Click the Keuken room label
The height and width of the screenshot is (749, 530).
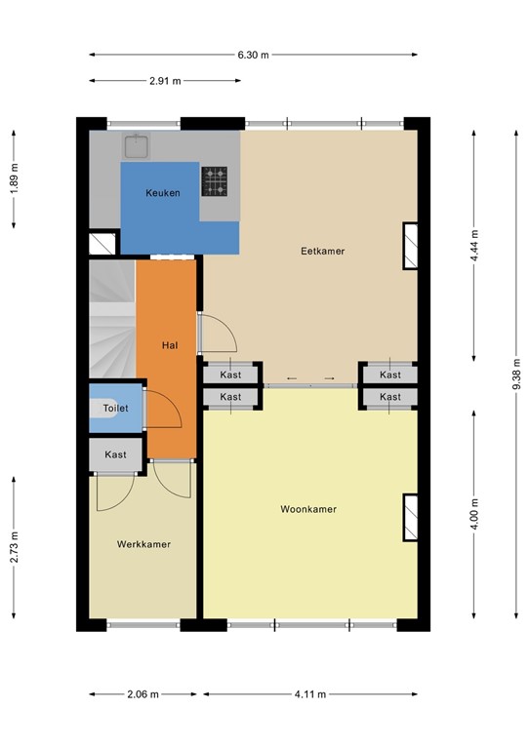(163, 193)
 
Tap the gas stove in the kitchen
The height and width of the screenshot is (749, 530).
(214, 181)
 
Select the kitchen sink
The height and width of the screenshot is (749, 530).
(138, 145)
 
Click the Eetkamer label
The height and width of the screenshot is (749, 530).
(323, 251)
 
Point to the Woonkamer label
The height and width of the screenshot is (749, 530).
(308, 509)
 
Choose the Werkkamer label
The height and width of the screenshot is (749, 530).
(143, 544)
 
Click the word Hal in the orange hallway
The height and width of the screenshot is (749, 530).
(170, 345)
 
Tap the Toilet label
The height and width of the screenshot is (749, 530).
(115, 408)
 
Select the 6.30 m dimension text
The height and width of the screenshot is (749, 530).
(254, 55)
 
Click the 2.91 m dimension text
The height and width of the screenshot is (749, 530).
(165, 81)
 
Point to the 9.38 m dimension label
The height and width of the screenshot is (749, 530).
(516, 374)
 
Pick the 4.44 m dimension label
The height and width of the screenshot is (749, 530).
(474, 246)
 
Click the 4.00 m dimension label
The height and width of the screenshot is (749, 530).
(474, 514)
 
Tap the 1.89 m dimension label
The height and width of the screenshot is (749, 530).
(15, 178)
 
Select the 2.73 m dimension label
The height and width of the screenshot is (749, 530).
(15, 547)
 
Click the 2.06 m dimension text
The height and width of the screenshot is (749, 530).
(143, 694)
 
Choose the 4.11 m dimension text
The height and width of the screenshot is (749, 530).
(310, 694)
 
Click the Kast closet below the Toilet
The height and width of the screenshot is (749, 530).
(115, 454)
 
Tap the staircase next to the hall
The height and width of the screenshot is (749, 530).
(113, 318)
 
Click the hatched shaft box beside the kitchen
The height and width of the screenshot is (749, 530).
(102, 244)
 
